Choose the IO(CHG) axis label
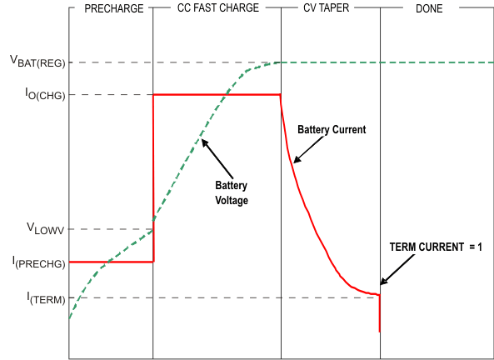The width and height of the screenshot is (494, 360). tap(48, 94)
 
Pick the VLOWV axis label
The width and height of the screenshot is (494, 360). tap(46, 228)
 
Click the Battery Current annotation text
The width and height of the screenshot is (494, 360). tap(332, 130)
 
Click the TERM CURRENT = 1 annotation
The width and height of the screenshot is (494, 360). tap(436, 247)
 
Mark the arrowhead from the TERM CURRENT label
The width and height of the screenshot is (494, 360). tap(384, 283)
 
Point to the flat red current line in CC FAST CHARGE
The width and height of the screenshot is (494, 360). tap(217, 94)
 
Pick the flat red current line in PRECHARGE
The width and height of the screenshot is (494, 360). tap(111, 262)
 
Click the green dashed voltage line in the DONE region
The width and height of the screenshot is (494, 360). tap(433, 62)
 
